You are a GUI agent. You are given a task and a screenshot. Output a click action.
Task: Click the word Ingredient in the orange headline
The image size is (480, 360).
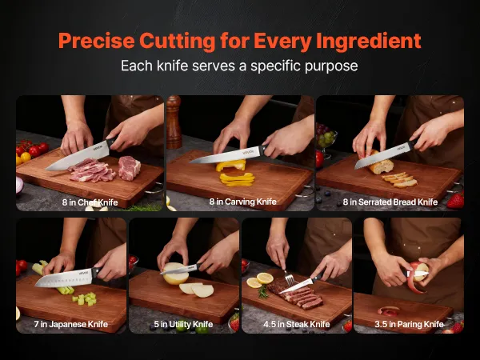tap(369, 41)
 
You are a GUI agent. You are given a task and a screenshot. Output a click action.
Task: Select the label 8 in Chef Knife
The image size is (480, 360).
tap(90, 202)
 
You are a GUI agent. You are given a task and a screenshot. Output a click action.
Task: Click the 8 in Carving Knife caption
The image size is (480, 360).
tap(242, 202)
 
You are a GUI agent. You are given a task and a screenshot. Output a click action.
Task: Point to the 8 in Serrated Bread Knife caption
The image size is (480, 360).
tap(390, 202)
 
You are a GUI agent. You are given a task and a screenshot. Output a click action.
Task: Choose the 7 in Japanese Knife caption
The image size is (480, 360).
tap(70, 324)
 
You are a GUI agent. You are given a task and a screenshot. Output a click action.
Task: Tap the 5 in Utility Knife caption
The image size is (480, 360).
tap(183, 324)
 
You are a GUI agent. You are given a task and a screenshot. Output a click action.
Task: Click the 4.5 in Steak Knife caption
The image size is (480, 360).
tap(296, 324)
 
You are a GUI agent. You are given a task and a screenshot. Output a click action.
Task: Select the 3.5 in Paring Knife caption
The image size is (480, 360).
tap(409, 324)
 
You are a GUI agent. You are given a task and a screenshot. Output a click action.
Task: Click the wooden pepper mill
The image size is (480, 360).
tap(174, 122)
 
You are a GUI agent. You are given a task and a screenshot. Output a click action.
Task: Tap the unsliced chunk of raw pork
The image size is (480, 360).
tap(129, 168)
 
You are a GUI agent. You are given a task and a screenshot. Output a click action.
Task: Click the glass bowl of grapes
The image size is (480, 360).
tap(326, 139)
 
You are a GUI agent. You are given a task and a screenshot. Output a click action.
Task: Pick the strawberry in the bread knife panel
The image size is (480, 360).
tap(455, 201)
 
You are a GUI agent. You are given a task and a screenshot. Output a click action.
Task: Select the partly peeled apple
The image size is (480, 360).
tap(418, 273)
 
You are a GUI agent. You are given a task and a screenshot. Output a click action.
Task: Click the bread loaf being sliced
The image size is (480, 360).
tap(379, 164)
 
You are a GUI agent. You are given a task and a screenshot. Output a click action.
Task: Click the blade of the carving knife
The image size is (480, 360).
tap(225, 155)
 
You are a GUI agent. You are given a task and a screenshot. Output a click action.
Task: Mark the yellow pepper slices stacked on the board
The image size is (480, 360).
tap(237, 179)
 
